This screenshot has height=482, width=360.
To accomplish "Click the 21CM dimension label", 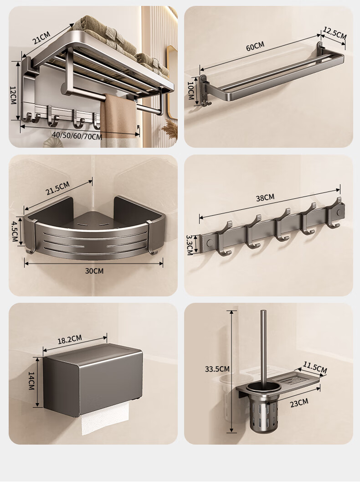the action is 41,37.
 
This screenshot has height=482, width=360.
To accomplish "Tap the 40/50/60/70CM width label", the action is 77,135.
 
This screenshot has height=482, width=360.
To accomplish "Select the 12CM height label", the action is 13,95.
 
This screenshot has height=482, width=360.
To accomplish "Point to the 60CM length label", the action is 255,47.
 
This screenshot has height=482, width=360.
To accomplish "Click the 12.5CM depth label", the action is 334,33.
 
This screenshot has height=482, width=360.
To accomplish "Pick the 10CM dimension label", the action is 190,90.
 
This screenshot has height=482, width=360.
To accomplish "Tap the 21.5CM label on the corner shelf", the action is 58,188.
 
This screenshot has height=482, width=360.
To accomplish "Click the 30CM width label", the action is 94,271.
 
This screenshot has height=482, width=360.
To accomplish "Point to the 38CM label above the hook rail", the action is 265,197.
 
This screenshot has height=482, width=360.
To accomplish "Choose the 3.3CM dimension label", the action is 190,245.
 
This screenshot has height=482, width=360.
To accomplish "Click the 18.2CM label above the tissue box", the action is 70,339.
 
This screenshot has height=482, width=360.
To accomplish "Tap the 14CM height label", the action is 31,381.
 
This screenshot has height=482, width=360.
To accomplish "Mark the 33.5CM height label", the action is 217,369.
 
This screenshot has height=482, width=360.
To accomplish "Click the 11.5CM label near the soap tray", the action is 315,368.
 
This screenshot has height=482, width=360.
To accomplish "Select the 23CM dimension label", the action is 299,402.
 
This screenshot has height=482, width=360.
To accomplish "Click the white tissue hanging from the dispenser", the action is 105,419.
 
